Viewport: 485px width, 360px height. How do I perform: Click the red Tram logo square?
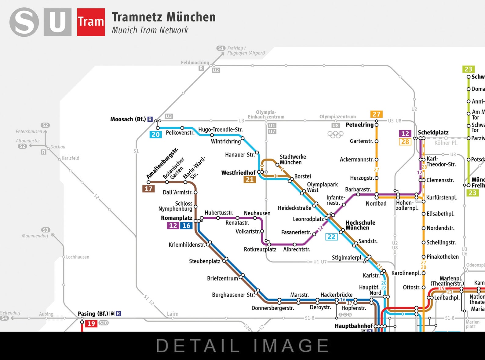click(x=91, y=22)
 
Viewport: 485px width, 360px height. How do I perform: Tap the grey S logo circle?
click(x=24, y=22)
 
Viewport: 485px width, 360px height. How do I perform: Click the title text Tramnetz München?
click(x=164, y=17)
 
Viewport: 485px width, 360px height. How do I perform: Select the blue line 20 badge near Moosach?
click(x=155, y=134)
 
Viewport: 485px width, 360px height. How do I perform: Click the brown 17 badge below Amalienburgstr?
click(x=148, y=189)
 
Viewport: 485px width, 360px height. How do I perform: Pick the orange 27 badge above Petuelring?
click(x=376, y=114)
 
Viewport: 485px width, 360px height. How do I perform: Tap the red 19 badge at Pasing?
click(x=91, y=324)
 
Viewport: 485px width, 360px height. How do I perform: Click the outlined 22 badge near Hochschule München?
click(x=331, y=237)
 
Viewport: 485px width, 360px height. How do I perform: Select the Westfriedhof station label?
click(x=238, y=173)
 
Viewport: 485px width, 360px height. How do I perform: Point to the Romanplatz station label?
click(x=177, y=218)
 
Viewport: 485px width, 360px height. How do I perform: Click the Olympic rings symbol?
click(x=335, y=134)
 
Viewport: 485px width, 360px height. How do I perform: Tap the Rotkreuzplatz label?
click(x=260, y=249)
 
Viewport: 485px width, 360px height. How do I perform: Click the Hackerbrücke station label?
click(x=336, y=295)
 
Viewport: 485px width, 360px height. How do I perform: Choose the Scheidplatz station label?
click(x=433, y=133)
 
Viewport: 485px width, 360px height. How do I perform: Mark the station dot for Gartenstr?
click(x=376, y=141)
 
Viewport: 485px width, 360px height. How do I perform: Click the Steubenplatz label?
click(x=204, y=261)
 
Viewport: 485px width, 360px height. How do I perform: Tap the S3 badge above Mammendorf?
click(x=45, y=230)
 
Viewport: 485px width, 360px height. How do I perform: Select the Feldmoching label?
click(x=195, y=63)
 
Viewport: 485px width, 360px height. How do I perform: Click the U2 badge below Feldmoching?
click(x=216, y=70)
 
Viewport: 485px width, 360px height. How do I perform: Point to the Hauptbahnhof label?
click(x=353, y=326)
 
